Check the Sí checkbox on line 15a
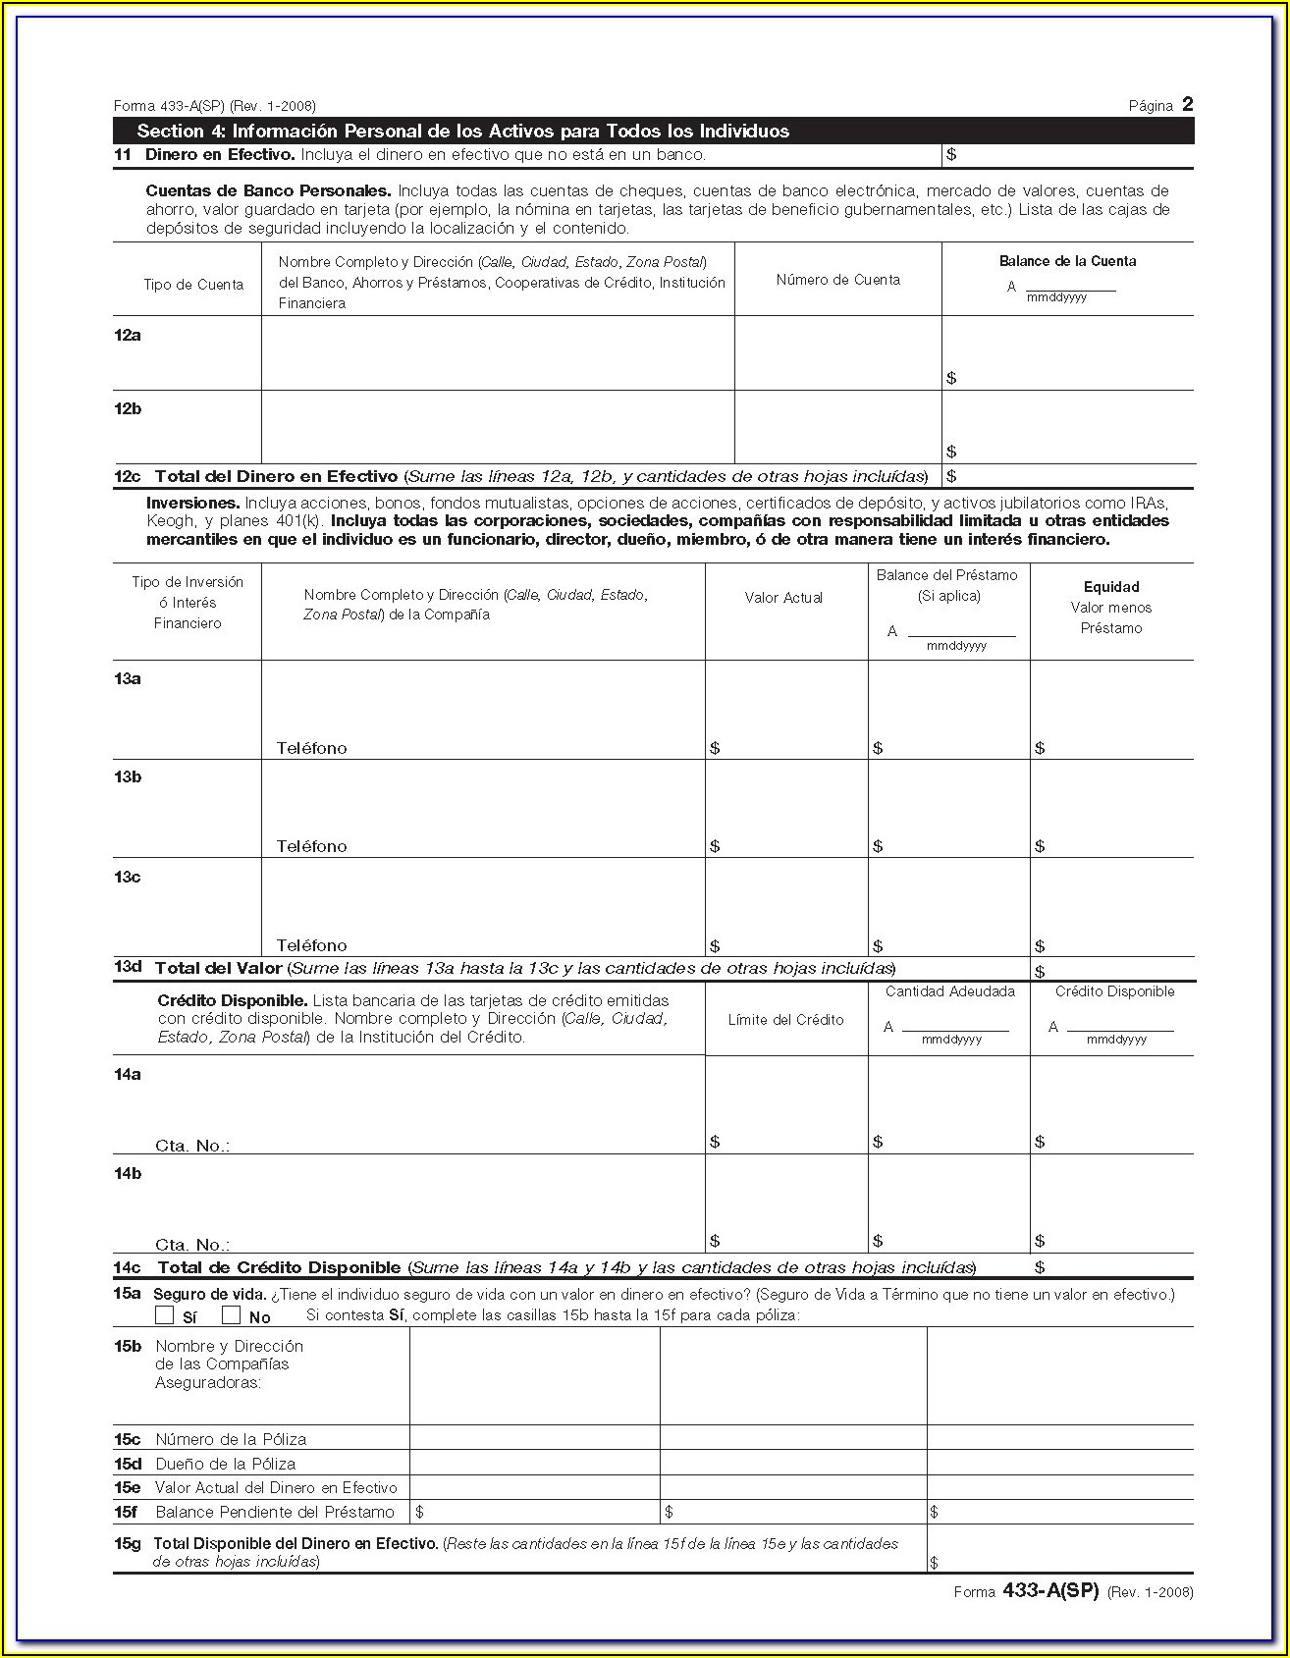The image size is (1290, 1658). [164, 1315]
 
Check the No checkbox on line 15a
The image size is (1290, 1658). [232, 1315]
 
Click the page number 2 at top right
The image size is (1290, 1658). [1187, 104]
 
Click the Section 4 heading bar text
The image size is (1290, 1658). [462, 132]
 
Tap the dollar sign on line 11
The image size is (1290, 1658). [951, 155]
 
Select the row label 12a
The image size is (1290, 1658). [128, 336]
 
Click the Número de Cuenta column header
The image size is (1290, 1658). [837, 280]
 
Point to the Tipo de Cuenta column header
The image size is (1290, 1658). [193, 285]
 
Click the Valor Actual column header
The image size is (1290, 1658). [783, 598]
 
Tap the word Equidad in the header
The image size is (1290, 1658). [1111, 587]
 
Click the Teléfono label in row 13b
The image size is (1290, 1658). [311, 846]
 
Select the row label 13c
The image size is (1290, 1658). [128, 877]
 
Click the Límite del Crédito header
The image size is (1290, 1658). [785, 1020]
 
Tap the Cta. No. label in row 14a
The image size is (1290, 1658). [192, 1146]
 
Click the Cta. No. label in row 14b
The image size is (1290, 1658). [192, 1245]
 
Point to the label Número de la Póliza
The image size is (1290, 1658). [231, 1439]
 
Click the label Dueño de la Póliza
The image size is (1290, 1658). [225, 1464]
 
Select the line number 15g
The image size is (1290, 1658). [128, 1543]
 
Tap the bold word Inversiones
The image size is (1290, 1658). [192, 503]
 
